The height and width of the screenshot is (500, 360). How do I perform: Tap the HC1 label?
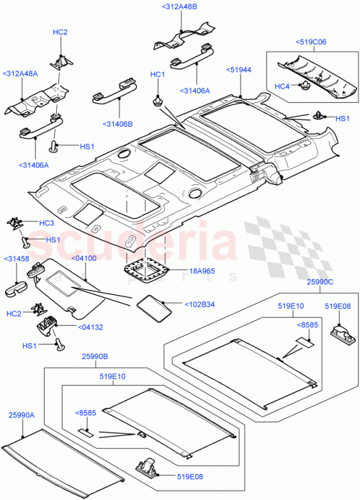pyautogui.click(x=157, y=75)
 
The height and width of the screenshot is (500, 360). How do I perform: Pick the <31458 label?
pyautogui.click(x=17, y=259)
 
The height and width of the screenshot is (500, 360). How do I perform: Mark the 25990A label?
pyautogui.click(x=22, y=416)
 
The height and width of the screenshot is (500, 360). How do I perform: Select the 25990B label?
pyautogui.click(x=94, y=355)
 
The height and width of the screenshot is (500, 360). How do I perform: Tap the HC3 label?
pyautogui.click(x=46, y=223)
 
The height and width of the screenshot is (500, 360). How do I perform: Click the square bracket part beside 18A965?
pyautogui.click(x=148, y=271)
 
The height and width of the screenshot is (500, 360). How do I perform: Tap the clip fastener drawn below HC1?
pyautogui.click(x=157, y=100)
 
